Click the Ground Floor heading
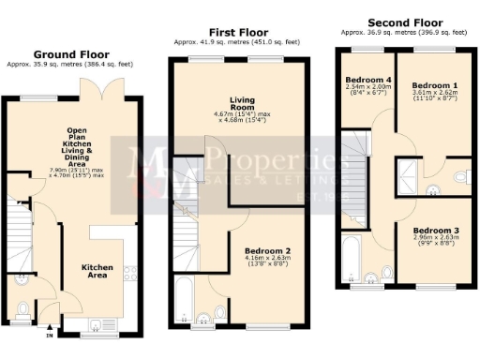(72, 55)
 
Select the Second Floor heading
(405, 22)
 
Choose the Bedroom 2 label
(267, 252)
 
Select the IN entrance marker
(50, 333)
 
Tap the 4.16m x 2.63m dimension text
(267, 262)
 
